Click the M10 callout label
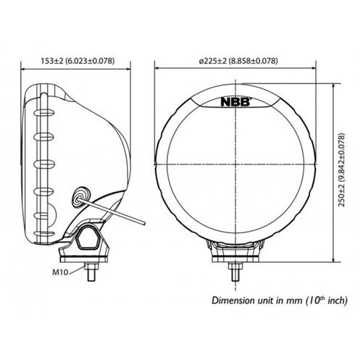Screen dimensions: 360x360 click(x=60, y=272)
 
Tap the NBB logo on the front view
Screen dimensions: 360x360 click(x=235, y=101)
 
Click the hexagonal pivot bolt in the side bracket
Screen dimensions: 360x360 click(x=88, y=239)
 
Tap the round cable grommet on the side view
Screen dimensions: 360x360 click(x=81, y=196)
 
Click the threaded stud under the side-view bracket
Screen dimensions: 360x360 click(x=91, y=272)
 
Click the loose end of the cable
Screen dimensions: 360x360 click(x=144, y=223)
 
